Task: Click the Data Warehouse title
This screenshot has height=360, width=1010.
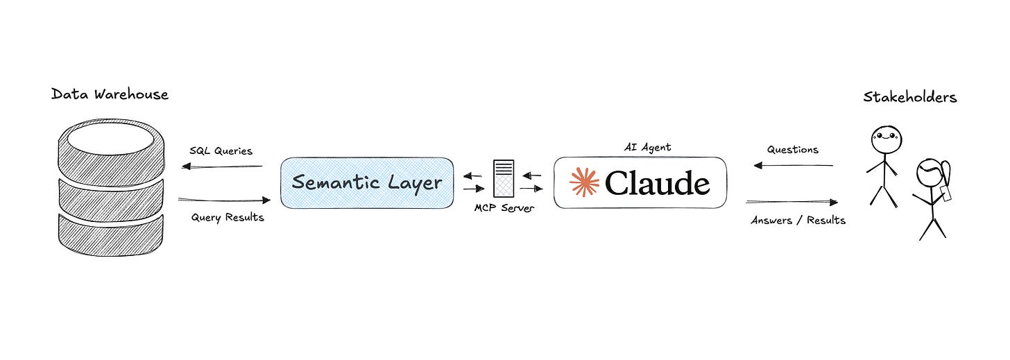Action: coord(110,94)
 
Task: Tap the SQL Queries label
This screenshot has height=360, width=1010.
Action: coord(221,151)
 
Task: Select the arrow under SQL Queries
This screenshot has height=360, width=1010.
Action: coord(222,166)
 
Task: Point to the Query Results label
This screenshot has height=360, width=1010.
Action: coord(228,217)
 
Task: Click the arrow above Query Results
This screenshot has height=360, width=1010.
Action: coord(224,200)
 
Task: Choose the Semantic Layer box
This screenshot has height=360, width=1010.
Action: coord(367,182)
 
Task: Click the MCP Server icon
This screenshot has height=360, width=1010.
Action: coord(504,178)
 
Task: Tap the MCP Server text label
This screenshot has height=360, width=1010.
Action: coord(504,208)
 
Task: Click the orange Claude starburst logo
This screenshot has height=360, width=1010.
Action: coord(584,182)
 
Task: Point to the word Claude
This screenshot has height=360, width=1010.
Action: coord(657,182)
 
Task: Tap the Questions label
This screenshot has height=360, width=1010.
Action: coord(793,149)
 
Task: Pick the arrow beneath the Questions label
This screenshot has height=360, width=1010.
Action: coord(793,165)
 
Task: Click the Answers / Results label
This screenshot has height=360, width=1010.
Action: coord(798,220)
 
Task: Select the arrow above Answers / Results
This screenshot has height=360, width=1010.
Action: coord(791,203)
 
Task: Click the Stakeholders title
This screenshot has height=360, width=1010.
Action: coord(910,97)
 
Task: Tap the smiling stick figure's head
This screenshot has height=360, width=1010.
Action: coord(886,139)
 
